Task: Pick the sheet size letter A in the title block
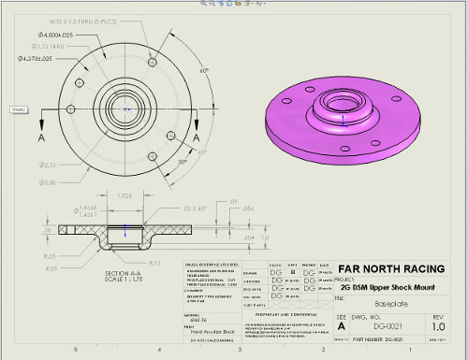(x=341, y=327)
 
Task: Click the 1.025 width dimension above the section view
(x=124, y=195)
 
